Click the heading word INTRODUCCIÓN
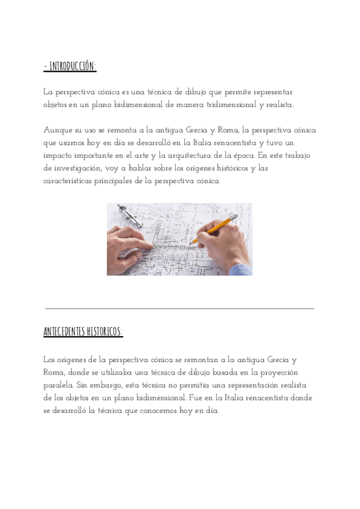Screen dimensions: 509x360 73,67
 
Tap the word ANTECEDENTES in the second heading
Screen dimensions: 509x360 65,331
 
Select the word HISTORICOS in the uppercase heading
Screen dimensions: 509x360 105,331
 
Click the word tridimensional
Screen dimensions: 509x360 229,105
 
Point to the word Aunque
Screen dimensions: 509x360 57,130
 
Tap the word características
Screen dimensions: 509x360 71,180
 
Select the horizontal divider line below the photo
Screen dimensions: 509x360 179,309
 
